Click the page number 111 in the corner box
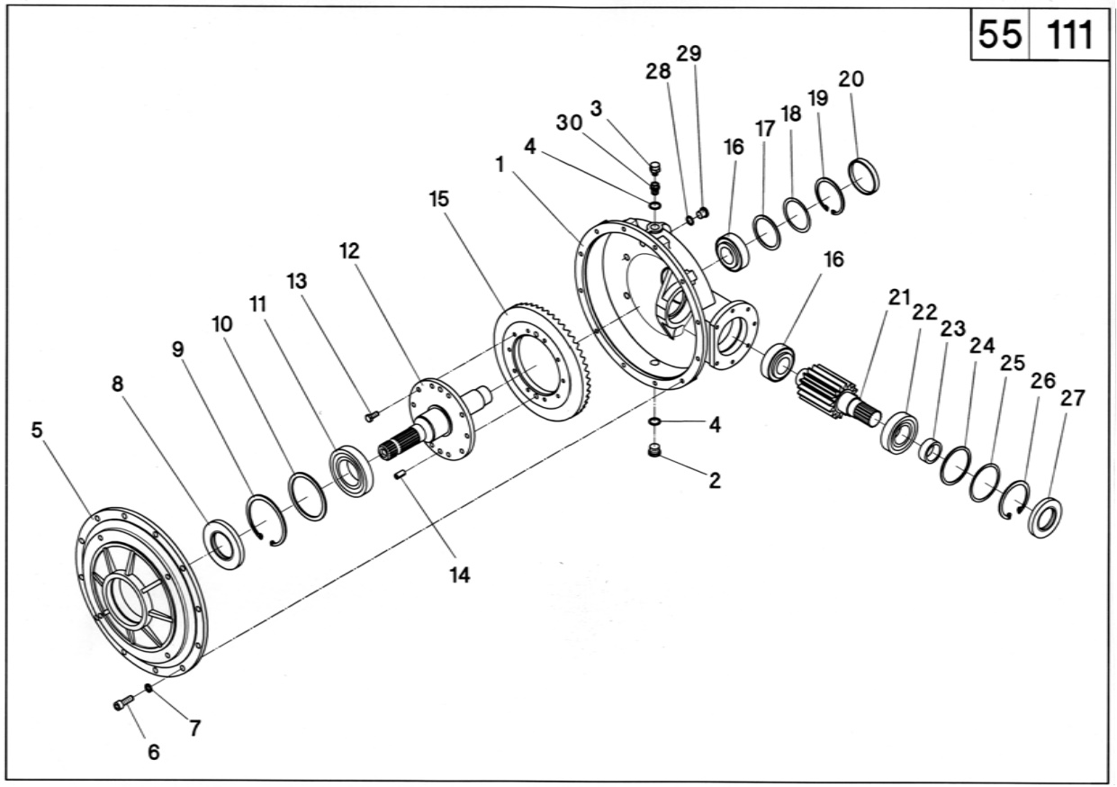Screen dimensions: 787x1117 tap(1068, 36)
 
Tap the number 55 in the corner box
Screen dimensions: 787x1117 tap(999, 36)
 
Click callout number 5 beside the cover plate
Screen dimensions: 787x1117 tap(36, 430)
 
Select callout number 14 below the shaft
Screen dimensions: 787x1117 tap(460, 575)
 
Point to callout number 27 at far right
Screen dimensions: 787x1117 tap(1072, 398)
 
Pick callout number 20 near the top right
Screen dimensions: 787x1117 tap(851, 79)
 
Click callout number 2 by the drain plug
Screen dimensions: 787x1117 tap(714, 480)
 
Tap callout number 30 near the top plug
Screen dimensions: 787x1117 tap(569, 124)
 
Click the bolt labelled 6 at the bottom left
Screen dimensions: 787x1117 tap(124, 701)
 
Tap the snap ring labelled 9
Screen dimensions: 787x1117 tap(267, 520)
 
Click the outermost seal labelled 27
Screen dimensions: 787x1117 tap(1045, 518)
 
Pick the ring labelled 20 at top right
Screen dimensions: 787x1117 tap(865, 175)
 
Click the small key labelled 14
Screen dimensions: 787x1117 tap(401, 475)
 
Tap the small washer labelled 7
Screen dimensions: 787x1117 tap(148, 689)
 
